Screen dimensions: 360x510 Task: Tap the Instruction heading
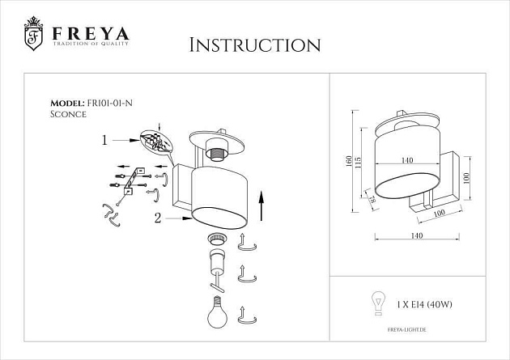point(254,44)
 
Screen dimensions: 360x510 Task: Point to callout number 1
point(104,140)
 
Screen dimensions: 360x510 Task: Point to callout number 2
point(159,216)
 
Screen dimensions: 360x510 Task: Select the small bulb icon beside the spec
point(376,303)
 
